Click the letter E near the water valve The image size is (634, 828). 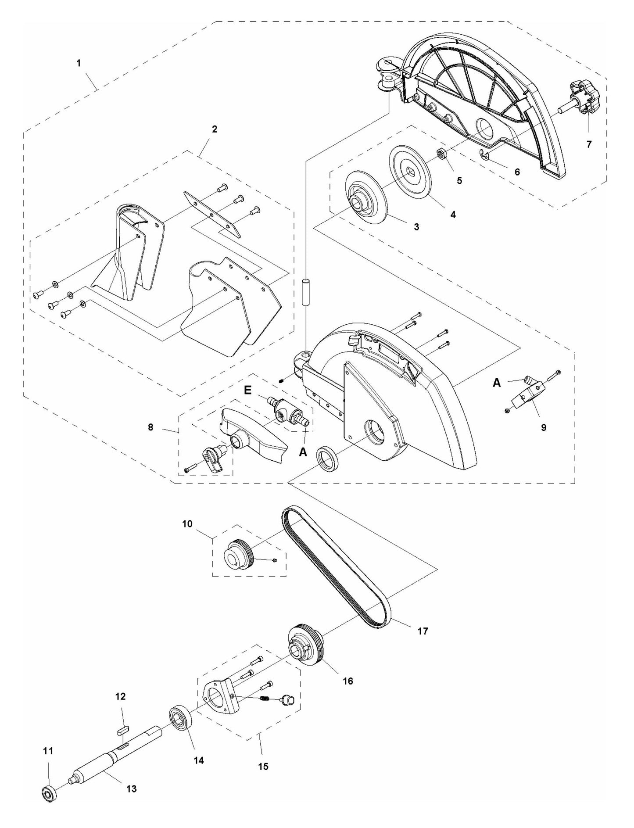pos(248,390)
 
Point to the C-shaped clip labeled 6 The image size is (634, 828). pos(484,155)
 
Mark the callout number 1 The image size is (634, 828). pos(79,63)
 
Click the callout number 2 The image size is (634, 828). pos(214,129)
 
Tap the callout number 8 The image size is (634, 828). pos(150,427)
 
